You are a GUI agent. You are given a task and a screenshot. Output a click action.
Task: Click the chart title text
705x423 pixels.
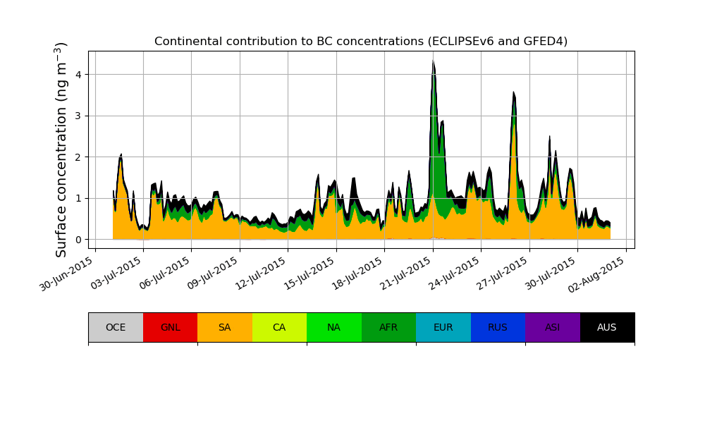pos(361,41)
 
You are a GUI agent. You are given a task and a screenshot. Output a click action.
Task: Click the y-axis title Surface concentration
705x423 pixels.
pos(61,149)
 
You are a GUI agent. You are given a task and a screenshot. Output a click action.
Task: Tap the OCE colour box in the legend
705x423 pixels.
pos(116,327)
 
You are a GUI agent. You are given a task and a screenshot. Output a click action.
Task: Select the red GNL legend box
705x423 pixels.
pos(170,327)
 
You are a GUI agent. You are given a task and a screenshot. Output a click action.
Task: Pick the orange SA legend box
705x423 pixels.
pos(224,327)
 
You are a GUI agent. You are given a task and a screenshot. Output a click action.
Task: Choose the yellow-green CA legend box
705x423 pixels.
pos(279,327)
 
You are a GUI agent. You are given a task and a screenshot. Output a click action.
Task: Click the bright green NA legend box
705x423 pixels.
pos(333,327)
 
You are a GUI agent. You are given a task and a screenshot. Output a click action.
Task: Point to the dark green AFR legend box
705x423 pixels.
pos(388,327)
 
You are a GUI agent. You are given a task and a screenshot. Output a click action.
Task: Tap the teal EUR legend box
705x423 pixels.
pos(443,327)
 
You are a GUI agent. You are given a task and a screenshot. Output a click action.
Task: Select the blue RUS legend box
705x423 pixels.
pos(498,327)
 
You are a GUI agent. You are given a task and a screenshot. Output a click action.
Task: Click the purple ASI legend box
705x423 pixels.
pos(552,327)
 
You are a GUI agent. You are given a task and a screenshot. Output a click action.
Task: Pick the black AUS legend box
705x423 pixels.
pos(607,327)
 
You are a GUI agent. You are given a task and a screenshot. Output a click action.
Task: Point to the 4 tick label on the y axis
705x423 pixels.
pos(78,75)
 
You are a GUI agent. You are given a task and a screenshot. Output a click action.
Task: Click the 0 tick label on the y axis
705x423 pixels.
pos(78,240)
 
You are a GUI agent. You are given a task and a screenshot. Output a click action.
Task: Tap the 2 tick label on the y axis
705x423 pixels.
pos(78,157)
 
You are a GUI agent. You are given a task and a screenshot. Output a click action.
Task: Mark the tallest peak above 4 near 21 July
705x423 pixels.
pos(433,61)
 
